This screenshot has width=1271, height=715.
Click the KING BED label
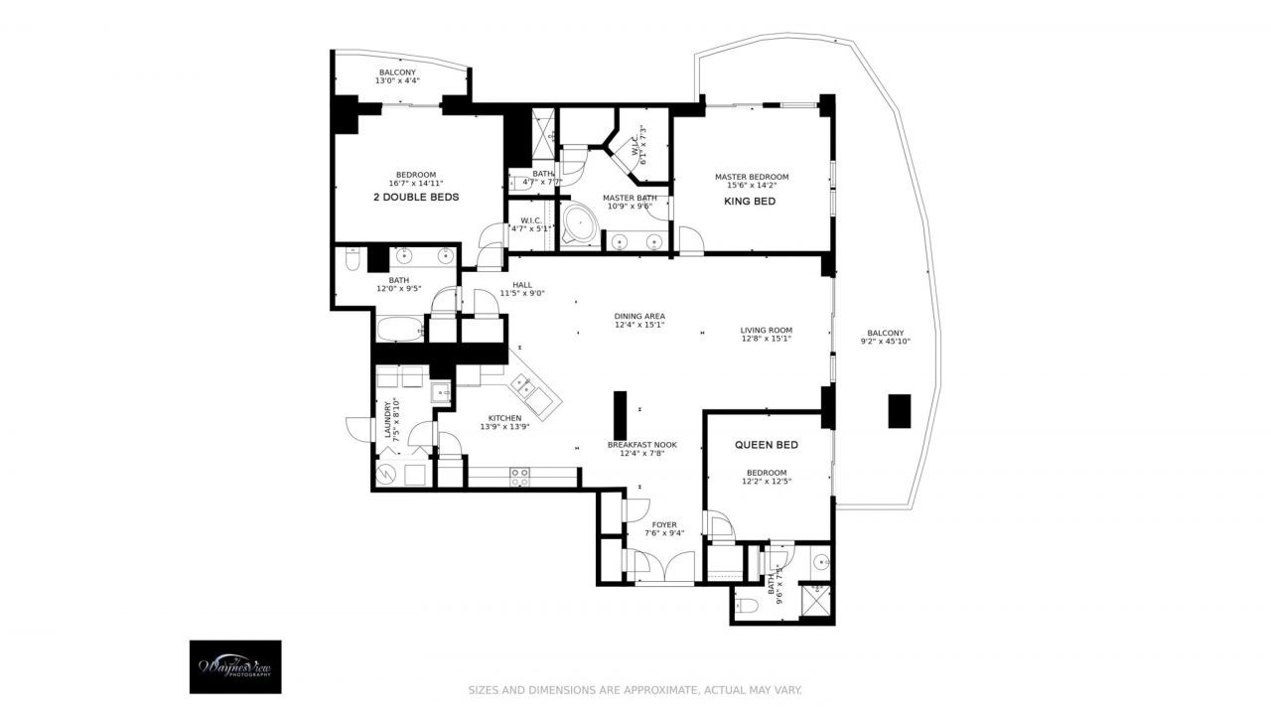751,202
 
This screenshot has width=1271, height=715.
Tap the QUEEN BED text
767,445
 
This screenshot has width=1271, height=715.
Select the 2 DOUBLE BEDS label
416,197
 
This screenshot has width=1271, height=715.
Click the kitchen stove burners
519,481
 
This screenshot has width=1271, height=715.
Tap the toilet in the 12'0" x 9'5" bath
352,261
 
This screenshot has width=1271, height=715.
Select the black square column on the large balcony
899,410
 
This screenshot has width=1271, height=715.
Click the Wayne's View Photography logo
235,666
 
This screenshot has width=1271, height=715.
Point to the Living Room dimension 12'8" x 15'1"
766,338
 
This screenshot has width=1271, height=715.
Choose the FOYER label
664,524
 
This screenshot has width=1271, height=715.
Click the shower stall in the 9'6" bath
817,600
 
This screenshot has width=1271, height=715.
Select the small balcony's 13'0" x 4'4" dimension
397,80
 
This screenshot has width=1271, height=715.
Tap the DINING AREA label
639,316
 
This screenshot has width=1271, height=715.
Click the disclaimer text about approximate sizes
635,689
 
